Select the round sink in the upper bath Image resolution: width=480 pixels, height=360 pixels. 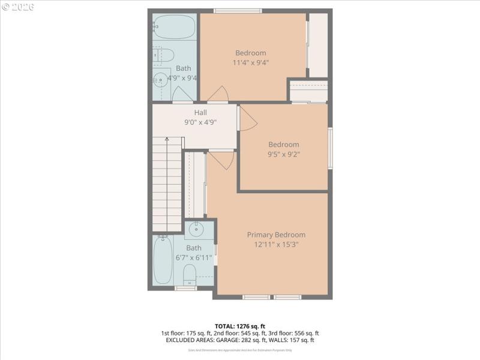(x=160, y=79)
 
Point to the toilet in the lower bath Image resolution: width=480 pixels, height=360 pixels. (x=190, y=277)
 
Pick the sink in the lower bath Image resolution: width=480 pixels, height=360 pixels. (x=196, y=230)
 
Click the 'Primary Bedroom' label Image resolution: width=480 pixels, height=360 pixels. (x=276, y=235)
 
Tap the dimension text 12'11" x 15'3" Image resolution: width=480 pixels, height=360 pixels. (x=276, y=244)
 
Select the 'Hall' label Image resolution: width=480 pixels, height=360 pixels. (x=200, y=112)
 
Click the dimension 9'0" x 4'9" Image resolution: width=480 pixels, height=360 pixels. (x=200, y=122)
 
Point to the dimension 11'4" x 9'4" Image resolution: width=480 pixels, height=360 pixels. (x=251, y=62)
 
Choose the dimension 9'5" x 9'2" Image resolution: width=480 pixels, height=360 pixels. (x=284, y=154)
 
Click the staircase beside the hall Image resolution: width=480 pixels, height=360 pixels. (x=166, y=183)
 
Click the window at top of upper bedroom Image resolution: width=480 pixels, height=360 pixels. (x=238, y=10)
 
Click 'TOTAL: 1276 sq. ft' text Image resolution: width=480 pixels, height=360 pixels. (x=240, y=326)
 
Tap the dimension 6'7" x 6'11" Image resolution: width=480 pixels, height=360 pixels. (x=194, y=257)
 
